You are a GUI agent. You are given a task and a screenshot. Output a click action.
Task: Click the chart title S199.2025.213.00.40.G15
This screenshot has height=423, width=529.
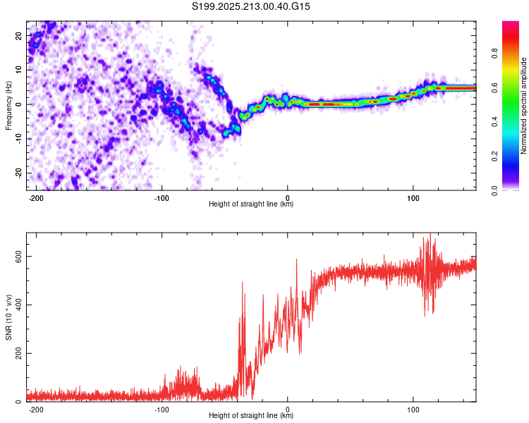[x=250, y=6]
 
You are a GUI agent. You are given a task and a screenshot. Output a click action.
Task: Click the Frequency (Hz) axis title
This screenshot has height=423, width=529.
[x=8, y=106]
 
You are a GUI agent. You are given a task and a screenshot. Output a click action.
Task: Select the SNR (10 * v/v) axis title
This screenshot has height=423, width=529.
[x=8, y=317]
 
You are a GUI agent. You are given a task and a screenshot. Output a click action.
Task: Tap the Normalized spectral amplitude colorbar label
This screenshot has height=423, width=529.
[x=523, y=106]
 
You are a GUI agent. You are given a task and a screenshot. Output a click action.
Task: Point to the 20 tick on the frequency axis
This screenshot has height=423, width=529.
[x=18, y=35]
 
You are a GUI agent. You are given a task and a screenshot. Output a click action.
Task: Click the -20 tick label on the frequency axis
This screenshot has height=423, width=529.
[x=18, y=173]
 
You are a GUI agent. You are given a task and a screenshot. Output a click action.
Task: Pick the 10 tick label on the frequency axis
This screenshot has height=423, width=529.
[x=18, y=70]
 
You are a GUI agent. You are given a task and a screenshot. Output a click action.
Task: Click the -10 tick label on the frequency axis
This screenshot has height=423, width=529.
[x=18, y=139]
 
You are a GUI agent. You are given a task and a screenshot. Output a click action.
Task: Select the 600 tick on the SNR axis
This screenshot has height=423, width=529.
[x=18, y=257]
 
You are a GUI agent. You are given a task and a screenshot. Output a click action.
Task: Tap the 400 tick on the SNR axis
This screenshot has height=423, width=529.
[x=18, y=305]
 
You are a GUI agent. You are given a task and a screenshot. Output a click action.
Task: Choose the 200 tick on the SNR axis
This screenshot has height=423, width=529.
[x=18, y=353]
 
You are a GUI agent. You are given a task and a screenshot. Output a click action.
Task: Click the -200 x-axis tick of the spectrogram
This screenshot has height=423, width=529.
[x=36, y=198]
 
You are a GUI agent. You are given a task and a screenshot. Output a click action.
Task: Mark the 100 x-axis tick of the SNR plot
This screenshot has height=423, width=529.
[x=413, y=410]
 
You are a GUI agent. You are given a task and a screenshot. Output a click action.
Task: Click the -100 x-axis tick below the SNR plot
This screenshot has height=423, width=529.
[x=162, y=410]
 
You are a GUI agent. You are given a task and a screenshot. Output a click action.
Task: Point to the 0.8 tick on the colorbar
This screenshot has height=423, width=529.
[x=494, y=53]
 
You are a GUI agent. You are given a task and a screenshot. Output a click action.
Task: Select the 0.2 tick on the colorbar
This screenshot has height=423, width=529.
[x=494, y=157]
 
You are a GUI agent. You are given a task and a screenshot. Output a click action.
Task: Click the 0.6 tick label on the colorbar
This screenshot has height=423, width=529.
[x=494, y=87]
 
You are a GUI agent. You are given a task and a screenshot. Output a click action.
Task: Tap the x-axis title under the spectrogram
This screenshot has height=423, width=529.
[x=251, y=204]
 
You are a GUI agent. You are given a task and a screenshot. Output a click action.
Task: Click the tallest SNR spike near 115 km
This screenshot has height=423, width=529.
[x=430, y=233]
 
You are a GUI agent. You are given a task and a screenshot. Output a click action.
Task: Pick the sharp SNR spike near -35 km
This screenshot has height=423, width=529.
[x=242, y=282]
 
